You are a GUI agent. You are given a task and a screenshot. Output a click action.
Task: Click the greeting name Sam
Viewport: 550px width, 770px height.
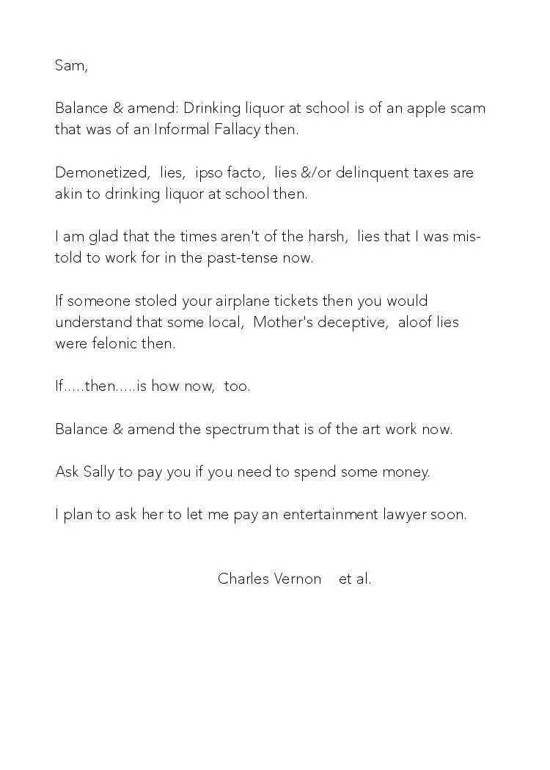point(70,65)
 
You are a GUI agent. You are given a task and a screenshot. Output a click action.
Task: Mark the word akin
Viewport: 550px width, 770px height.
point(68,194)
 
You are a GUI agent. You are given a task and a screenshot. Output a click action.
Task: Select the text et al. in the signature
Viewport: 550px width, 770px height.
point(355,579)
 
